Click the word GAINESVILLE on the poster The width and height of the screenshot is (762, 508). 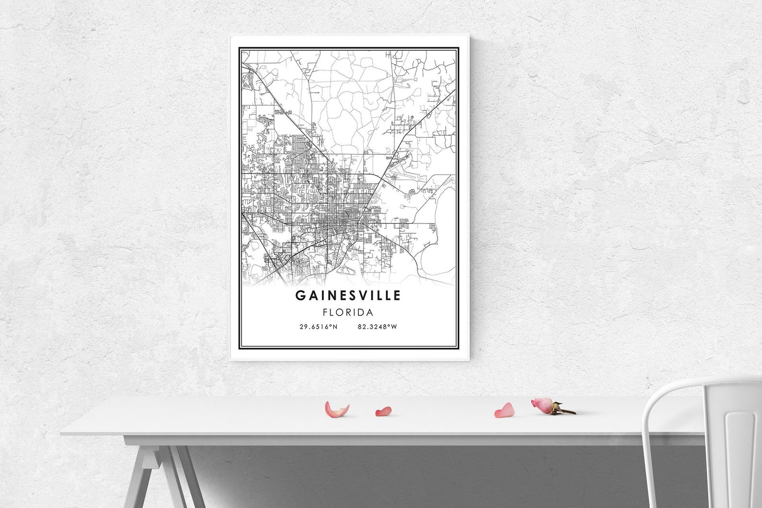click(348, 295)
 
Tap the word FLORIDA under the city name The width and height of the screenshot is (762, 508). click(348, 313)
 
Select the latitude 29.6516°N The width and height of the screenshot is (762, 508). click(319, 327)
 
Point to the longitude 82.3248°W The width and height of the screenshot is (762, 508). click(377, 327)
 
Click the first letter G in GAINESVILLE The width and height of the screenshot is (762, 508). click(299, 295)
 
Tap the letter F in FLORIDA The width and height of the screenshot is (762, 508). click(325, 313)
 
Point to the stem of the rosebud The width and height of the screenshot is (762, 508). click(566, 411)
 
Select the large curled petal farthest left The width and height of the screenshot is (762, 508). click(336, 410)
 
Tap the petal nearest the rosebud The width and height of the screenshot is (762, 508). click(504, 410)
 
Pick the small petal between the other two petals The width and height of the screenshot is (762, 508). click(383, 411)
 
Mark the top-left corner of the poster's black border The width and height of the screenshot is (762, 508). click(240, 47)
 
